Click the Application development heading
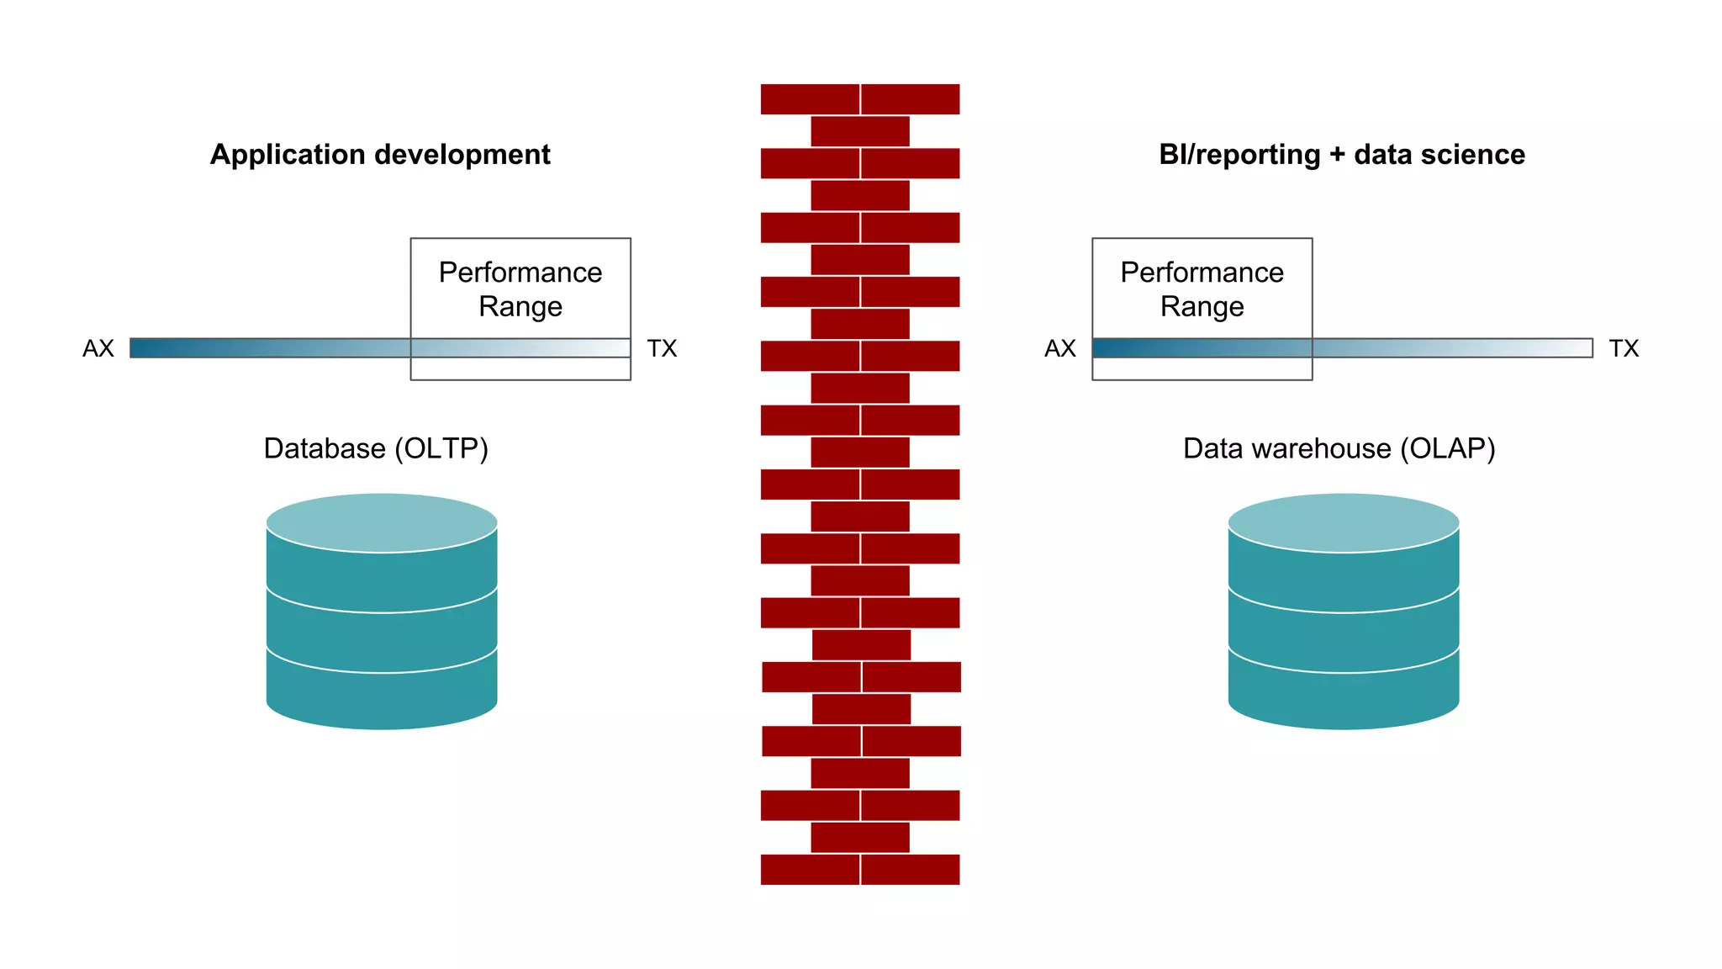coord(380,155)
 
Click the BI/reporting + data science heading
coord(1341,155)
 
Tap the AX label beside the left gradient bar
coord(98,348)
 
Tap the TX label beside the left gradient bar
coord(662,348)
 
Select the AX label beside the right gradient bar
coord(1059,348)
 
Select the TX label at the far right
coord(1624,348)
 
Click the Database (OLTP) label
coord(376,448)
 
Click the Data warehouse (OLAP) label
coord(1339,448)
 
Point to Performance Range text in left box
coord(520,289)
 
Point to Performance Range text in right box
coord(1202,289)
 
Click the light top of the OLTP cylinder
coord(382,522)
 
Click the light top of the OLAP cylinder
coord(1343,522)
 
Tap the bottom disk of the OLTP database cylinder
coord(382,698)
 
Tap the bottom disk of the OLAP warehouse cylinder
coord(1343,698)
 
